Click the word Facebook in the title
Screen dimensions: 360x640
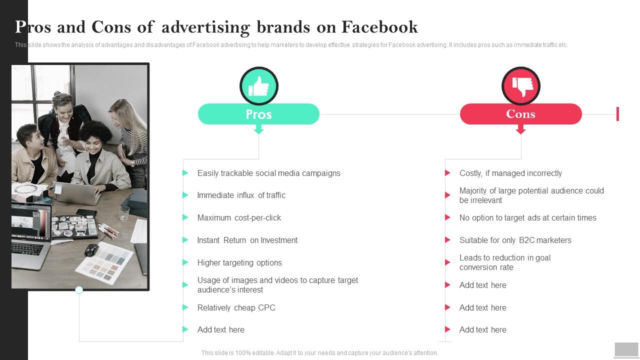pos(379,26)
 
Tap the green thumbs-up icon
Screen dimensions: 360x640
pos(258,86)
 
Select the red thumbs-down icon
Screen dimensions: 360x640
pos(521,86)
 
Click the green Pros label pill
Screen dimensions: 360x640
pos(258,114)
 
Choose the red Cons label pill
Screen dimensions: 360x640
pos(520,114)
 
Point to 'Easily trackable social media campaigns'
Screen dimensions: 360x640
pos(268,173)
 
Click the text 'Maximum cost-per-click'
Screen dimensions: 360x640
pos(239,217)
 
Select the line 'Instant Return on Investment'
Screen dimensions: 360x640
pos(247,240)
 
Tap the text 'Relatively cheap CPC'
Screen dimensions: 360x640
pos(236,307)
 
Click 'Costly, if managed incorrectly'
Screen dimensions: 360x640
pos(510,173)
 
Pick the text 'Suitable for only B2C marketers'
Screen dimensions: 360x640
pos(515,240)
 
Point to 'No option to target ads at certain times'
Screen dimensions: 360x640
pos(527,217)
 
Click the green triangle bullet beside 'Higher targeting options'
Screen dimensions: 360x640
pos(185,262)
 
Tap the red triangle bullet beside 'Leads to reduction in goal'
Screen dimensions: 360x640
pos(447,262)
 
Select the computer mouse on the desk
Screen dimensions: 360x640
pos(91,249)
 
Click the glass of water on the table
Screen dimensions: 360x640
pos(124,213)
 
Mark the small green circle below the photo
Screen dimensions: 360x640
pos(79,290)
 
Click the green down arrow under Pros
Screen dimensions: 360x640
pos(258,130)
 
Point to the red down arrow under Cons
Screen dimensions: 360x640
pos(520,130)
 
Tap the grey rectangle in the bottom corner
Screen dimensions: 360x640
pos(626,349)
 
